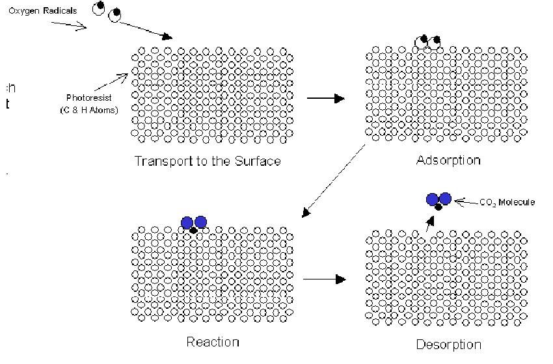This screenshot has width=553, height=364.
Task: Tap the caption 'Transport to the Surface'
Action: point(208,161)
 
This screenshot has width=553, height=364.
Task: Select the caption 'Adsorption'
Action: point(448,160)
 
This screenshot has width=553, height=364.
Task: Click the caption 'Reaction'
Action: point(213,342)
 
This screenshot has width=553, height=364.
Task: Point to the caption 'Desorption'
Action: point(448,344)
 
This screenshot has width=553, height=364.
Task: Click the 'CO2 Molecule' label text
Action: point(507,203)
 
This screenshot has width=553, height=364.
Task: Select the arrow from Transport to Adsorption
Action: point(325,98)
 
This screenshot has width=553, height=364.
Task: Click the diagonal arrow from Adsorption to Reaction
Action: point(336,181)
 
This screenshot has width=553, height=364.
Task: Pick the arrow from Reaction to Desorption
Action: point(323,279)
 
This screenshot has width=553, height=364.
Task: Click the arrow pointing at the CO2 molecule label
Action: point(465,202)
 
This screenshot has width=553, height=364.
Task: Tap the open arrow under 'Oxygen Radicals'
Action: point(69,25)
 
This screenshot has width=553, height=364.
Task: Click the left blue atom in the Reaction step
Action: point(187,222)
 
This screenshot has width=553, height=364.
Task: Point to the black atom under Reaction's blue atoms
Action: point(193,230)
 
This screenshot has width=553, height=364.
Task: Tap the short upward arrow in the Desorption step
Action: point(428,223)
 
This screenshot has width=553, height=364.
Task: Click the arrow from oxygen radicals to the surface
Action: point(146,29)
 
